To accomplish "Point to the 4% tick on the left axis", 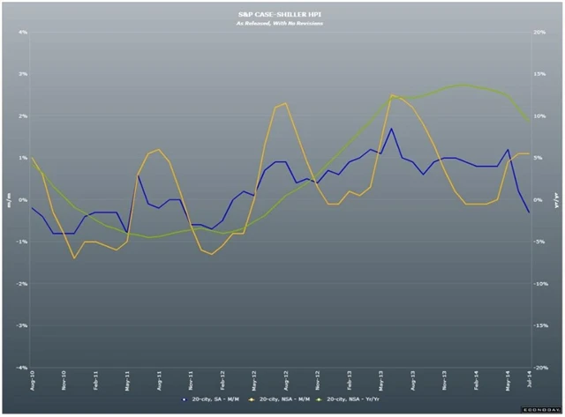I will (23, 33).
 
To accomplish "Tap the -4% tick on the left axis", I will (22, 367).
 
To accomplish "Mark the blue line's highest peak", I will (392, 129).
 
